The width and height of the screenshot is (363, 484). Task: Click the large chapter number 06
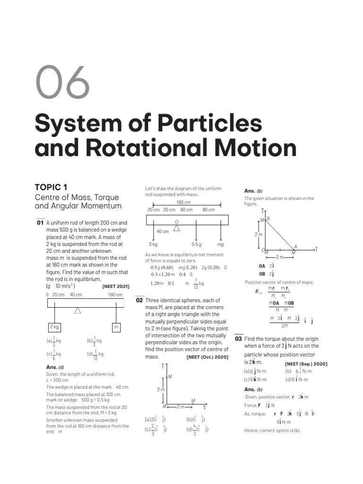pyautogui.click(x=62, y=82)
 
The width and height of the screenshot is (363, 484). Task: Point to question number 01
pyautogui.click(x=40, y=222)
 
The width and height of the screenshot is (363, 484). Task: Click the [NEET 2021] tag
pyautogui.click(x=115, y=286)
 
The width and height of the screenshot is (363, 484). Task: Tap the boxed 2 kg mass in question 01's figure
pyautogui.click(x=54, y=327)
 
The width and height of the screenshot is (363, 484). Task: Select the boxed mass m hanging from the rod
pyautogui.click(x=116, y=327)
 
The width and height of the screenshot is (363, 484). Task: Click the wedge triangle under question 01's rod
pyautogui.click(x=78, y=310)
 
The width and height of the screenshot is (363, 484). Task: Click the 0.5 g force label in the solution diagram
pyautogui.click(x=197, y=244)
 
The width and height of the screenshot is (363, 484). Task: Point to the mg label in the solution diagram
pyautogui.click(x=220, y=244)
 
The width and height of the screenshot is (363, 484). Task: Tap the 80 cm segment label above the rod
pyautogui.click(x=208, y=210)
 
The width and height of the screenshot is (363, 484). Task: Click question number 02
pyautogui.click(x=139, y=300)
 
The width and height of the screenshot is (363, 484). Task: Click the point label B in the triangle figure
pyautogui.click(x=268, y=218)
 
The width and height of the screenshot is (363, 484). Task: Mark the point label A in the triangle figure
pyautogui.click(x=295, y=246)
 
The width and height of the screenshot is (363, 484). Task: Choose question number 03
pyautogui.click(x=238, y=339)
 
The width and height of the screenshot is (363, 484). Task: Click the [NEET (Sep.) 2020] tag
pyautogui.click(x=306, y=363)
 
